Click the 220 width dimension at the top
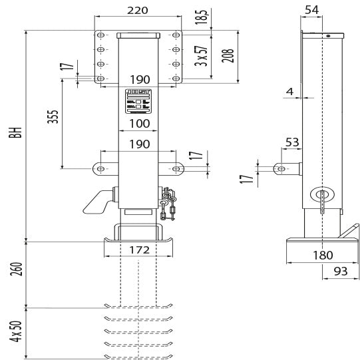(138, 10)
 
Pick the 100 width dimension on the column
(138, 124)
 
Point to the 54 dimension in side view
(311, 9)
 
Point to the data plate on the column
(138, 100)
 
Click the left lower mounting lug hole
(102, 168)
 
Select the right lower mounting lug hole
(176, 168)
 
